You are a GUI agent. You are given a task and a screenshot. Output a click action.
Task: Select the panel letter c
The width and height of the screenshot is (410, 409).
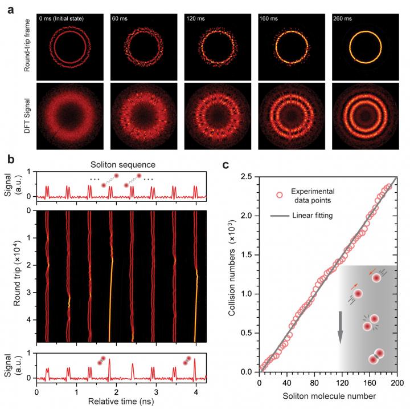[x=225, y=166]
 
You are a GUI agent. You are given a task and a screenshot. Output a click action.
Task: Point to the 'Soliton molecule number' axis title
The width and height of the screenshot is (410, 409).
[x=327, y=395]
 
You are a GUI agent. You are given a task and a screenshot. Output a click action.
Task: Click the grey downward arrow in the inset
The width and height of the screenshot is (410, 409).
[x=341, y=327]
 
